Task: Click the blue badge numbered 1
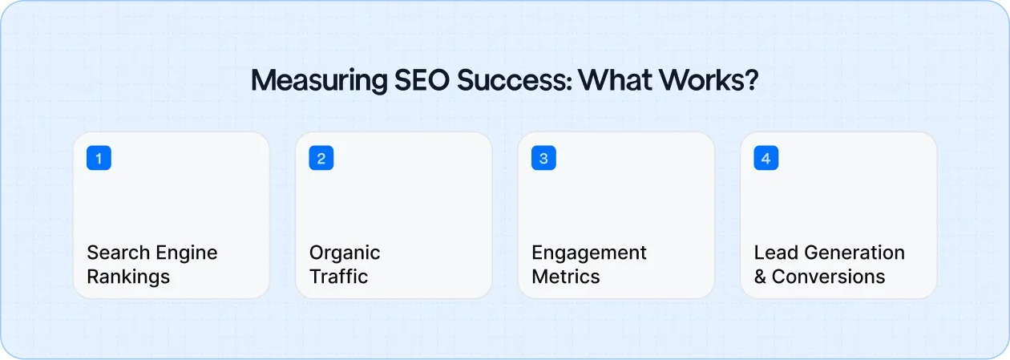point(99,158)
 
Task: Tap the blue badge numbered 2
point(321,158)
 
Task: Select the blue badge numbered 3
point(543,158)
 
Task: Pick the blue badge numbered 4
point(766,158)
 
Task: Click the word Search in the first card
point(113,253)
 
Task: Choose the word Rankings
point(128,277)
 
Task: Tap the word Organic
point(345,253)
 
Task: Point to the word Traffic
point(339,277)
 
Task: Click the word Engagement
point(589,253)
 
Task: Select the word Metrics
point(566,277)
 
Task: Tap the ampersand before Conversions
point(760,277)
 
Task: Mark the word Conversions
point(829,277)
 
